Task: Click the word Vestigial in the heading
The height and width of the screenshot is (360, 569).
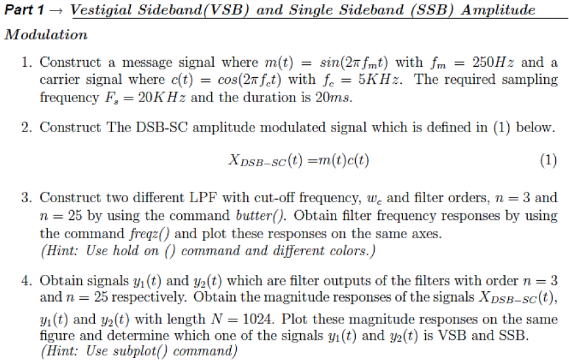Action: pos(101,10)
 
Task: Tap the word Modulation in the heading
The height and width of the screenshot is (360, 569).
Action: pos(46,35)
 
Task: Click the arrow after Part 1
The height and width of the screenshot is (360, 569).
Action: pos(56,10)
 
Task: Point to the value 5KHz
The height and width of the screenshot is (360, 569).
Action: pos(380,79)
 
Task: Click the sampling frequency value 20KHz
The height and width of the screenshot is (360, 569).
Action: pos(162,98)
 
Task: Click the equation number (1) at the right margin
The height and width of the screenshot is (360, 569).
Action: pos(548,160)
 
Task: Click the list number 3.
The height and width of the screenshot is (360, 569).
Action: pos(26,198)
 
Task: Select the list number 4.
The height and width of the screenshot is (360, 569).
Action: pos(26,281)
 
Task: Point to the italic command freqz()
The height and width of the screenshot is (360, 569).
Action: pos(150,233)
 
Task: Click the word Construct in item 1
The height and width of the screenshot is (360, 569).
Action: pos(70,62)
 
